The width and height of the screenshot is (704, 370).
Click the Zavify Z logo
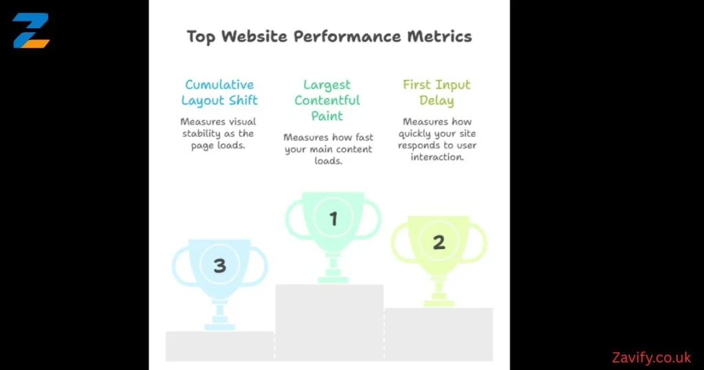(x=31, y=30)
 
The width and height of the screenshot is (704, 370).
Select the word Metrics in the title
(x=443, y=36)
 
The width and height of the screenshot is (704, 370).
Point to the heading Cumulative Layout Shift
(x=219, y=92)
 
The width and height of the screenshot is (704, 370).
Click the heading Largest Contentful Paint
(x=327, y=100)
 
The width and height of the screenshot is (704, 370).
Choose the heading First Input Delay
(x=437, y=92)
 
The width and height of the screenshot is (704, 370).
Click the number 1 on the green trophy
(x=333, y=219)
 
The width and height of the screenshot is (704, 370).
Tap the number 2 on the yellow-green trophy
(x=439, y=242)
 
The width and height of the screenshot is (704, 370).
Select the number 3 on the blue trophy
(x=219, y=265)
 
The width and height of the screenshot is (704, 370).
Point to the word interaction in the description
(x=437, y=157)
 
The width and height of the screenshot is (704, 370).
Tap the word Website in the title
(x=250, y=36)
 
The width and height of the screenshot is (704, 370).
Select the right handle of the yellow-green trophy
(x=479, y=242)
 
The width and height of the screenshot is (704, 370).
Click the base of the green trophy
(x=333, y=279)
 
